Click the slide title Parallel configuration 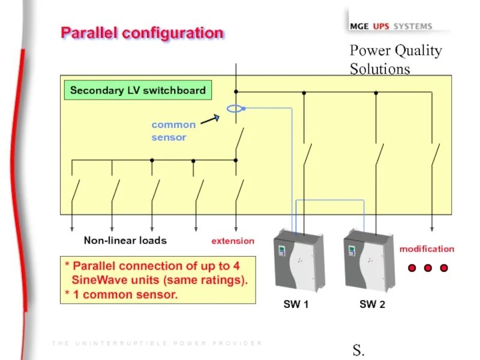(142, 33)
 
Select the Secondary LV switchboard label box (137, 91)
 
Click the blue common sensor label (173, 131)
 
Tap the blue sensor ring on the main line (235, 109)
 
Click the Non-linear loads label (125, 241)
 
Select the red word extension (233, 241)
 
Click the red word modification (427, 249)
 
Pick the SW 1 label (296, 305)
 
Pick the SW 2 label (372, 305)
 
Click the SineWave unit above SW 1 (299, 262)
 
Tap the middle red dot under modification (428, 268)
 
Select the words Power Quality (395, 51)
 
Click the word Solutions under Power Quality (380, 69)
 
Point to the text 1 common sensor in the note (125, 295)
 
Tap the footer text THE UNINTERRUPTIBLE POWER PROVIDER (157, 343)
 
